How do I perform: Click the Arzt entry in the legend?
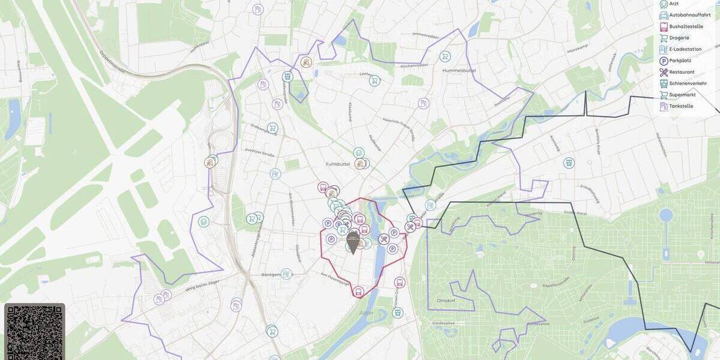click(x=674, y=4)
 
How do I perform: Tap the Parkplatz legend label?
click(x=680, y=61)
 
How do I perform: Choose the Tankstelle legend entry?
click(x=681, y=106)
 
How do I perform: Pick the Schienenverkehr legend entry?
click(x=688, y=83)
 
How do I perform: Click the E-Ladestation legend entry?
click(x=685, y=49)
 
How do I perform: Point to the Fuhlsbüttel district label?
click(x=338, y=164)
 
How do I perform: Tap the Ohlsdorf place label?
click(x=445, y=301)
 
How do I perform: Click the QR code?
click(x=34, y=332)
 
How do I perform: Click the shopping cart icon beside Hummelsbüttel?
click(x=445, y=56)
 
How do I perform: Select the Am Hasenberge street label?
click(x=337, y=278)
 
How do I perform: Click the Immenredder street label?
click(x=443, y=34)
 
